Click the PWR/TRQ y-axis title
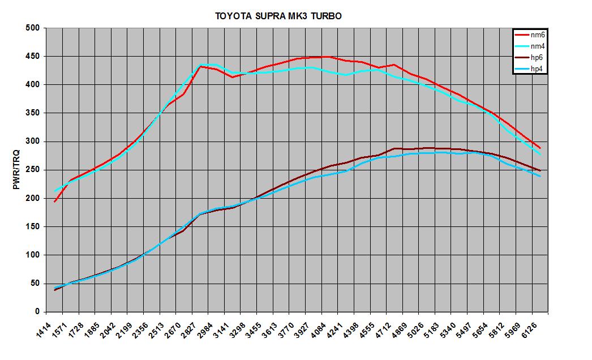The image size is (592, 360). tap(16, 170)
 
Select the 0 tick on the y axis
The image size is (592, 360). tap(36, 312)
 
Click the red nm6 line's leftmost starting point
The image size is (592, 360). tap(55, 202)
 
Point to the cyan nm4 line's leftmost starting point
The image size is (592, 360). tap(55, 191)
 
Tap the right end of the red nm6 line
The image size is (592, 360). tap(540, 148)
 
